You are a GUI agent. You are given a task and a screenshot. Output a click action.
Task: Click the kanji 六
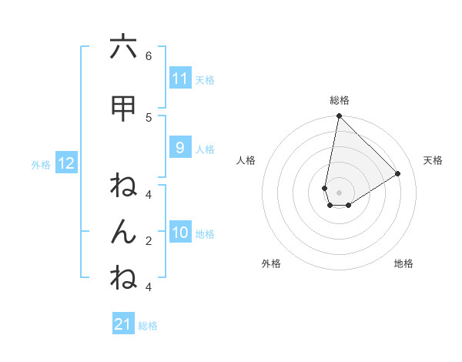coord(123,47)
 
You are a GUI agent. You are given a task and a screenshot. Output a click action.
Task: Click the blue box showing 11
coord(180,79)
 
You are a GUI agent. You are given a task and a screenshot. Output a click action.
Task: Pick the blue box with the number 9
coord(180,148)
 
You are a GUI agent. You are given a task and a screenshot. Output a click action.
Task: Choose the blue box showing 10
coord(180,233)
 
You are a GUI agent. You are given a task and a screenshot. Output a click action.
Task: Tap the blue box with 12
coord(65,163)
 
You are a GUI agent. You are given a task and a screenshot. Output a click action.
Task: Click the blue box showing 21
coord(123,324)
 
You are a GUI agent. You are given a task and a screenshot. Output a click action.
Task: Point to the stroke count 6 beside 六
coord(149,55)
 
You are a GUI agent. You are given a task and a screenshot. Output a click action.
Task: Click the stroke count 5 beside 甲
coord(149,117)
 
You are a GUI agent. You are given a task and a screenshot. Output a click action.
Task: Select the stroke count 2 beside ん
coord(149,240)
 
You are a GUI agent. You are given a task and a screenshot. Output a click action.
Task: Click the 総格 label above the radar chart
coord(340,100)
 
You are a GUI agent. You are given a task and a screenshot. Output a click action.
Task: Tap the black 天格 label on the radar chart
coord(433,160)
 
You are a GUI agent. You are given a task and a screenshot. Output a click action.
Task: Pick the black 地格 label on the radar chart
coord(403,263)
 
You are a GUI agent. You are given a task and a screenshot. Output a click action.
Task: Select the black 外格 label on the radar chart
coord(271,263)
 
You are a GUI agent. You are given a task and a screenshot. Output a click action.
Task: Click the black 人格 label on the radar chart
coord(246,160)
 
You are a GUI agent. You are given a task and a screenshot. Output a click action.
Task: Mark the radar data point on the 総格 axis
coord(339,116)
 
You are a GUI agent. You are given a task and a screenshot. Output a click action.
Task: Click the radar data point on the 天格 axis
coord(398,173)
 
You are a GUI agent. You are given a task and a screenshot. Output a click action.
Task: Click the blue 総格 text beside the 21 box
coord(148,326)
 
